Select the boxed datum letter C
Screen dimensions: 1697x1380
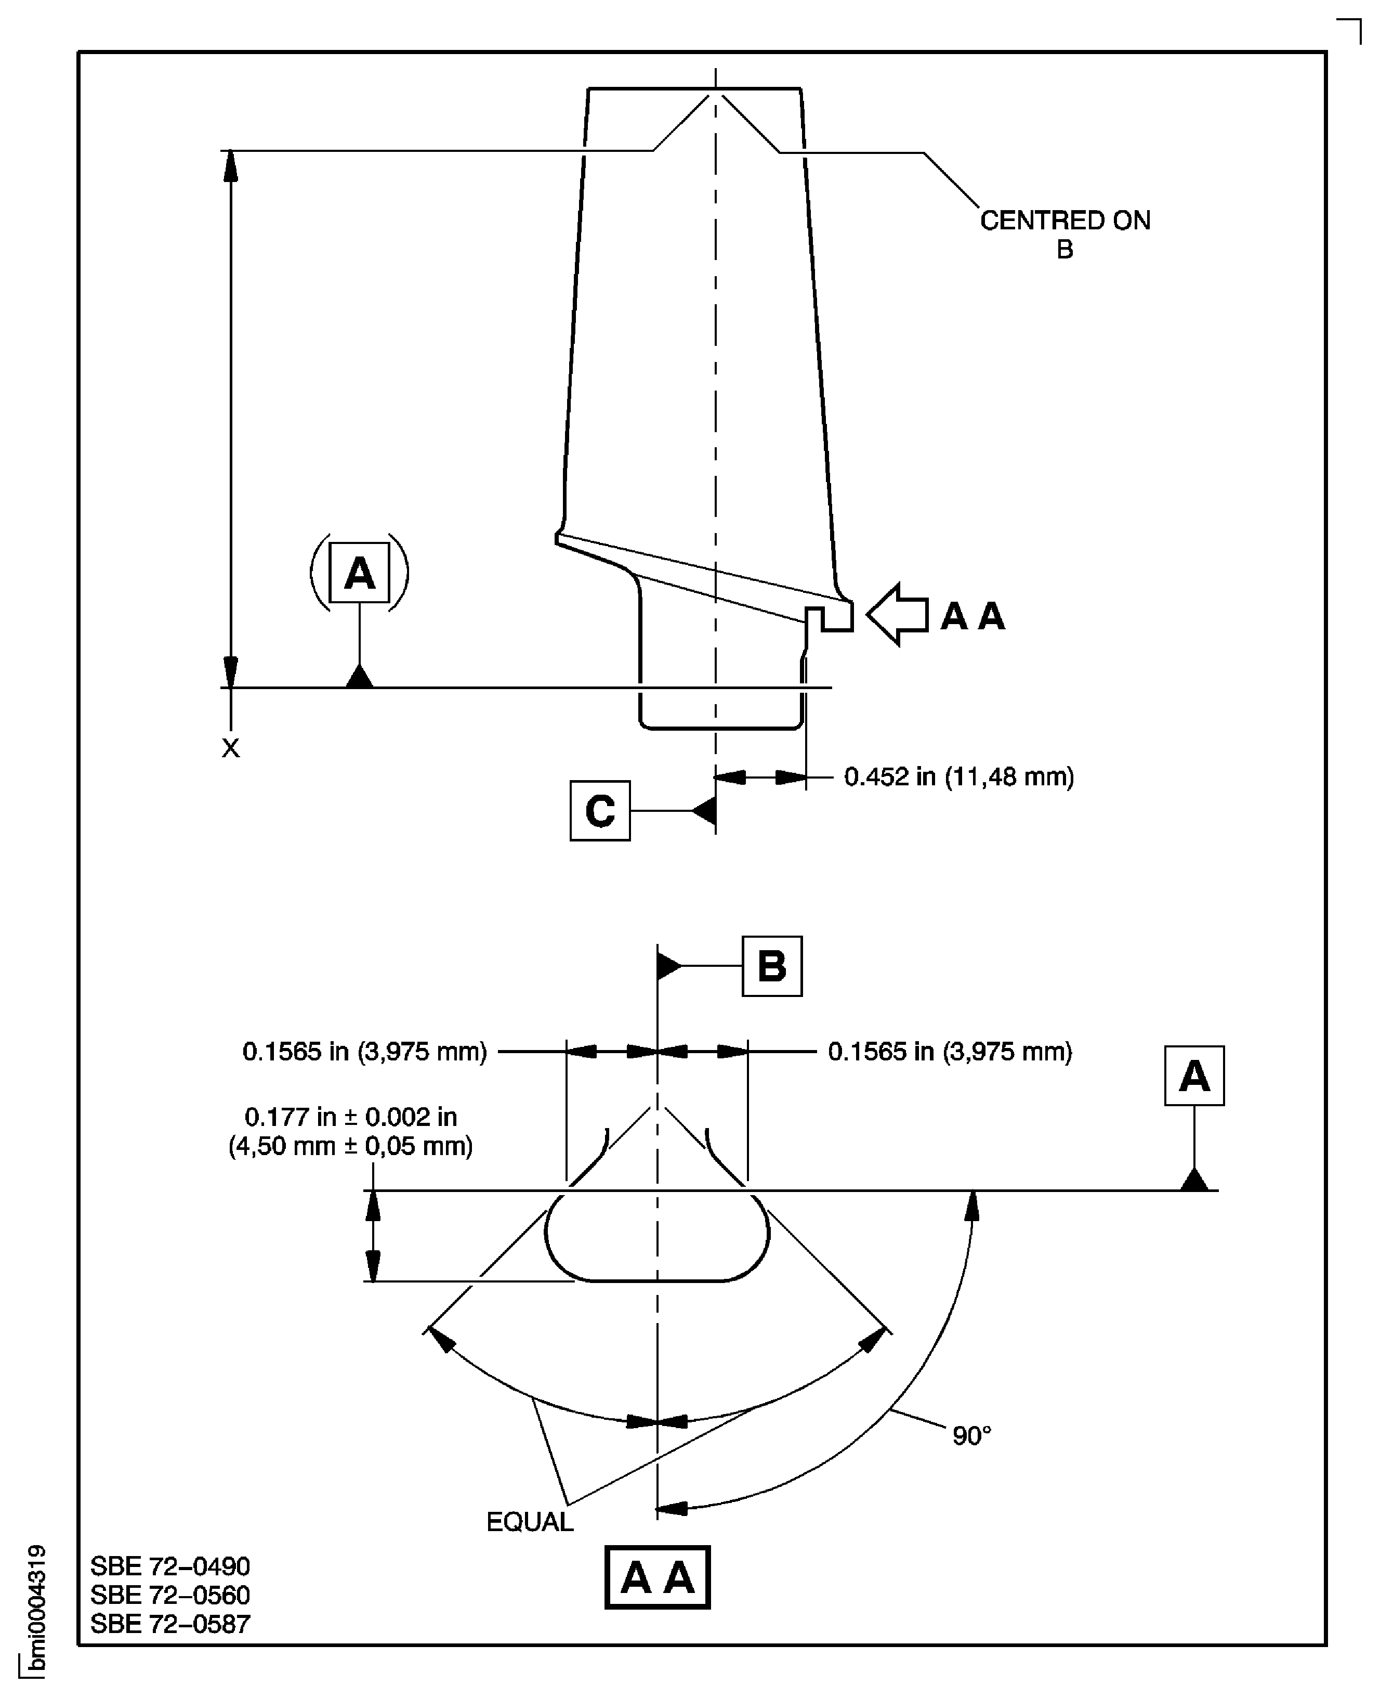pos(600,810)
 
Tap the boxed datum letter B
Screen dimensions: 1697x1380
pos(772,966)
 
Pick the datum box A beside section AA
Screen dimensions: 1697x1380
pos(1194,1076)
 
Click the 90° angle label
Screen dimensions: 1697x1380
pos(971,1435)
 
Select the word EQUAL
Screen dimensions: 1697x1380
pos(530,1521)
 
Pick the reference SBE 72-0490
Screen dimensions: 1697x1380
pos(170,1566)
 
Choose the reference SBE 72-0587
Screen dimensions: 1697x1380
pos(170,1623)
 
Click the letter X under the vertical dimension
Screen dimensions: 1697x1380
pos(231,747)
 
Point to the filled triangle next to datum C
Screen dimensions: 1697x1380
pos(704,810)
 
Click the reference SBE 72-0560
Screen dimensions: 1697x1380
pos(170,1595)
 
